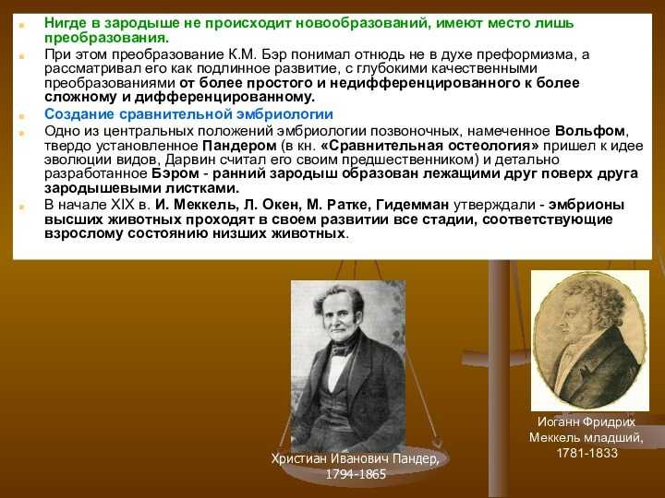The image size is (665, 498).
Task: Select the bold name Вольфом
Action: pyautogui.click(x=589, y=131)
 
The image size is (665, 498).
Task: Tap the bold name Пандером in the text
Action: pyautogui.click(x=239, y=146)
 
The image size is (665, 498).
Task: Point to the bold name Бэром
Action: pyautogui.click(x=175, y=173)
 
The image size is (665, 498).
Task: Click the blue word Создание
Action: pyautogui.click(x=79, y=114)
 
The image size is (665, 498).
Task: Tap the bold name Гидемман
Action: pyautogui.click(x=412, y=205)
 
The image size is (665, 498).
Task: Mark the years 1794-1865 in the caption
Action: pyautogui.click(x=356, y=474)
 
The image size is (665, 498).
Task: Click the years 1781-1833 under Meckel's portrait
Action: pyautogui.click(x=586, y=453)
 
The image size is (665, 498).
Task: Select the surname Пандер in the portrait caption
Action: pyautogui.click(x=416, y=458)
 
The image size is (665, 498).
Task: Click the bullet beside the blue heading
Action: pyautogui.click(x=21, y=115)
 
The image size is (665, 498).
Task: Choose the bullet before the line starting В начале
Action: pyautogui.click(x=21, y=207)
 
